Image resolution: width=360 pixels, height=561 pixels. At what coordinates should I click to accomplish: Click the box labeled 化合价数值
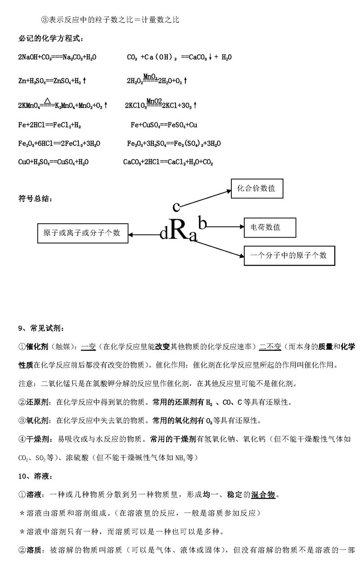tap(256, 188)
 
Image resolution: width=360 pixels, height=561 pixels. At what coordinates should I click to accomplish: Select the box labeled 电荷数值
tap(270, 227)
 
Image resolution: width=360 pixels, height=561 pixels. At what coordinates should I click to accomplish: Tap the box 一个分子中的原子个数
tap(289, 256)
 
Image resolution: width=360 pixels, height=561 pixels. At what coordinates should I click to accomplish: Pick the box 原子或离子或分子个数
tap(82, 233)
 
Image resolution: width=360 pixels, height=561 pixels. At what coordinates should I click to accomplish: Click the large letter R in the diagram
tap(179, 231)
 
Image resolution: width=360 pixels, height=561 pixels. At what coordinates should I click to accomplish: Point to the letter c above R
tap(176, 206)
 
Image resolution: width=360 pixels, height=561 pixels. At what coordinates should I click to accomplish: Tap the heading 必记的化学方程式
tap(50, 39)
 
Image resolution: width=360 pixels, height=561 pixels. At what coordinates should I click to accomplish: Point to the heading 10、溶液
tap(36, 476)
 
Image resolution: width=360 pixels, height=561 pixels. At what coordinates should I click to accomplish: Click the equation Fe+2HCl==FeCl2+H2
tap(49, 125)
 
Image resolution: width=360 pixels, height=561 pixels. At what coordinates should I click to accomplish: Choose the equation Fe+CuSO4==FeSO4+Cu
tap(164, 125)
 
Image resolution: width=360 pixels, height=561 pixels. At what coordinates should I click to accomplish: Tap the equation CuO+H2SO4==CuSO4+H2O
tap(53, 162)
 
